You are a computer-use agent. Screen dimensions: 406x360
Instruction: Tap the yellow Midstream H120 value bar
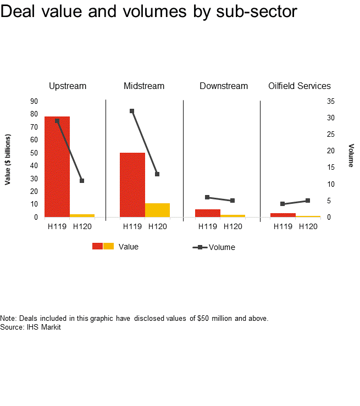[x=157, y=210]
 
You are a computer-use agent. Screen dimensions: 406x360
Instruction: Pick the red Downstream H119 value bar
[x=208, y=213]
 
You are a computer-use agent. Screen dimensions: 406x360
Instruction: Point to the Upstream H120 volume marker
[x=82, y=181]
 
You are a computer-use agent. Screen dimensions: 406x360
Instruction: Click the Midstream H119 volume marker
[x=132, y=111]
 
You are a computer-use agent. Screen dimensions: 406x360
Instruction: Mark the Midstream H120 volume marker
[x=157, y=174]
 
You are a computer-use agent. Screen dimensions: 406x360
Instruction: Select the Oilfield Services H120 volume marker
[x=308, y=201]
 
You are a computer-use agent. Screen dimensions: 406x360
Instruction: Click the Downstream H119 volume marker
[x=207, y=197]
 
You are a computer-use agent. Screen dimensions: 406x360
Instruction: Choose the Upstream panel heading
[x=68, y=86]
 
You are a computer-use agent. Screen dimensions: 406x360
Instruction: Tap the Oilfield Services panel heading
[x=300, y=86]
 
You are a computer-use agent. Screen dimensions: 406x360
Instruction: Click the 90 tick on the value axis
[x=34, y=101]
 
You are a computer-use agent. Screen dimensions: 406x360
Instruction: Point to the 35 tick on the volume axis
[x=330, y=101]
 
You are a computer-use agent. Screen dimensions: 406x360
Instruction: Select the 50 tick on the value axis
[x=34, y=153]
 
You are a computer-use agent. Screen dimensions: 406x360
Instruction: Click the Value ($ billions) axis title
[x=8, y=159]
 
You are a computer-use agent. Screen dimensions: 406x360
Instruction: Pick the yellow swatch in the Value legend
[x=109, y=246]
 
